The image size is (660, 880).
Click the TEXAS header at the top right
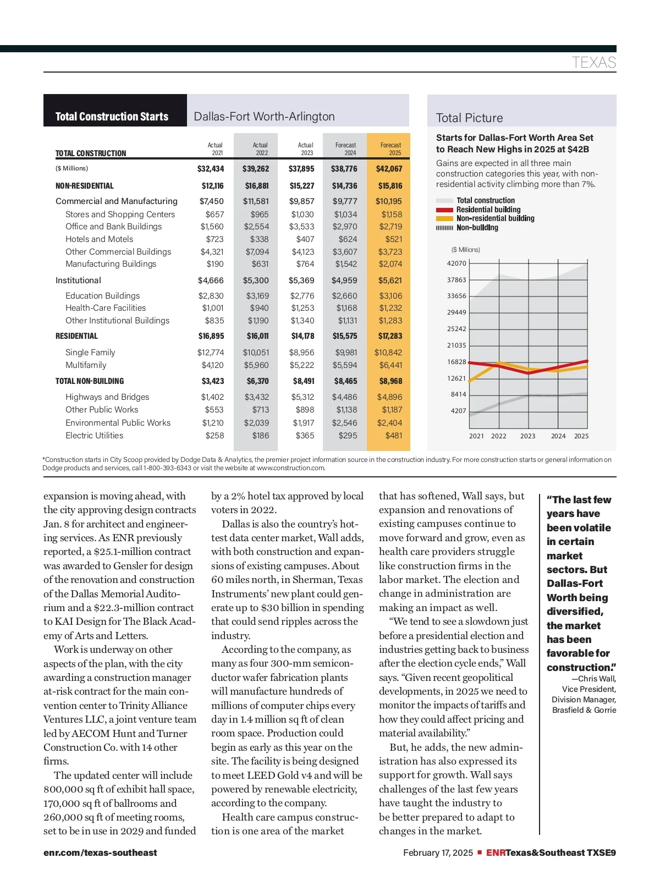point(593,62)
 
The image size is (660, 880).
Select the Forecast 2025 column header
point(391,149)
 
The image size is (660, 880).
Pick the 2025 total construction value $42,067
point(389,169)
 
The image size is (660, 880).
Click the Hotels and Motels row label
point(99,239)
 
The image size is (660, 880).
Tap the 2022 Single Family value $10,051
point(256,353)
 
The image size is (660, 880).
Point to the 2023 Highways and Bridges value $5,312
point(302,397)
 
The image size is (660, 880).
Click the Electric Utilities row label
point(94,436)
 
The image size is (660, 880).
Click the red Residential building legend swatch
point(444,210)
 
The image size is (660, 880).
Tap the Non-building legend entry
point(477,228)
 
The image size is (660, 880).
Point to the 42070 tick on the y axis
point(457,263)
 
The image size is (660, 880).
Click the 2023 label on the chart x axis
point(527,436)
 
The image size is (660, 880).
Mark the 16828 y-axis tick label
point(457,362)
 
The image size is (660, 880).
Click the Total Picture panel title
point(469,118)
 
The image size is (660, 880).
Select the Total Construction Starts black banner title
point(112,117)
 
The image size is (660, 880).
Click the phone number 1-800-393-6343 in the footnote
point(167,468)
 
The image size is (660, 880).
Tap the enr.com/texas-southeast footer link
point(100,853)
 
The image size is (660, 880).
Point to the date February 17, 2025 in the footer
point(438,853)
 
